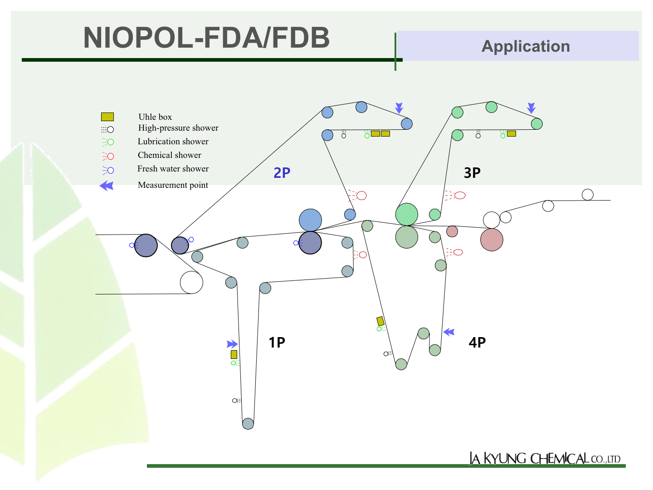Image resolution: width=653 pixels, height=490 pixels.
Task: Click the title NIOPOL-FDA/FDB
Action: click(x=206, y=38)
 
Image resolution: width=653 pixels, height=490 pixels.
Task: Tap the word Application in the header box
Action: click(x=526, y=46)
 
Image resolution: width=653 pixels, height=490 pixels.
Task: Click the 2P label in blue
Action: click(x=282, y=173)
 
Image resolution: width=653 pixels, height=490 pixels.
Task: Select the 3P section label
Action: click(x=472, y=173)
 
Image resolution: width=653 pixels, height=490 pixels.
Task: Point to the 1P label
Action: click(x=277, y=343)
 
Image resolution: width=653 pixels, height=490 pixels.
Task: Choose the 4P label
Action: click(x=477, y=343)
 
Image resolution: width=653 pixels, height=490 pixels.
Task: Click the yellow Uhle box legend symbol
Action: click(x=107, y=117)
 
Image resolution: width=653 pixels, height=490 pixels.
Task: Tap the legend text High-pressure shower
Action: click(x=178, y=128)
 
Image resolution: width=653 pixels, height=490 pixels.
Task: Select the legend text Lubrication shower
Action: click(x=173, y=141)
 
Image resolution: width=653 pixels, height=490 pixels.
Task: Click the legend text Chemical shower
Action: click(x=169, y=155)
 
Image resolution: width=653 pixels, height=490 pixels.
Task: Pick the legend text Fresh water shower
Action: click(x=173, y=169)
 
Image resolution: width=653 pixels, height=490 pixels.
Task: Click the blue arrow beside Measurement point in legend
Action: click(x=107, y=186)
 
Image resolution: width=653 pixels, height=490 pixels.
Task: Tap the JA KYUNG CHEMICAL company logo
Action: click(x=545, y=458)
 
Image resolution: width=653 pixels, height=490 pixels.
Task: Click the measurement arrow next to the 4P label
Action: click(x=449, y=332)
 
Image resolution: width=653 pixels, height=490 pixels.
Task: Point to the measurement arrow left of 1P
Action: click(x=232, y=344)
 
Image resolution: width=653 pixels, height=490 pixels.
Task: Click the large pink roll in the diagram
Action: click(x=492, y=240)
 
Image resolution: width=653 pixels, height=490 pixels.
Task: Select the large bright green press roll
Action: click(x=407, y=214)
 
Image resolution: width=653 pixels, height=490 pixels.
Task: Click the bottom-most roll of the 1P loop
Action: click(x=248, y=424)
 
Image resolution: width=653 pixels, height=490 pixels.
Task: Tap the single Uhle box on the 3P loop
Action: click(x=512, y=134)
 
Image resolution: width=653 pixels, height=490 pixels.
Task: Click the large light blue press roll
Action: click(x=310, y=220)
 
